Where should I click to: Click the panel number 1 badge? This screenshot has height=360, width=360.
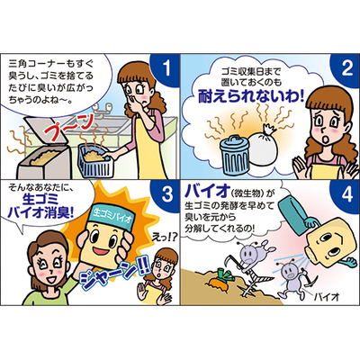[x=166, y=68]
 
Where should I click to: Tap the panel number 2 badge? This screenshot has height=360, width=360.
[x=346, y=68]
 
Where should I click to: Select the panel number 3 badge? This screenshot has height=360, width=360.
[x=166, y=195]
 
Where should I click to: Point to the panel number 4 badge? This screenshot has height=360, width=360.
[x=346, y=195]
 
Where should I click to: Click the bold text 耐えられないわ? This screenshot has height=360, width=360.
[x=251, y=96]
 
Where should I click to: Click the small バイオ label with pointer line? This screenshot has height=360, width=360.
[x=327, y=297]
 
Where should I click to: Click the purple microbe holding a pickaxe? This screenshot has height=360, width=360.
[x=290, y=277]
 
